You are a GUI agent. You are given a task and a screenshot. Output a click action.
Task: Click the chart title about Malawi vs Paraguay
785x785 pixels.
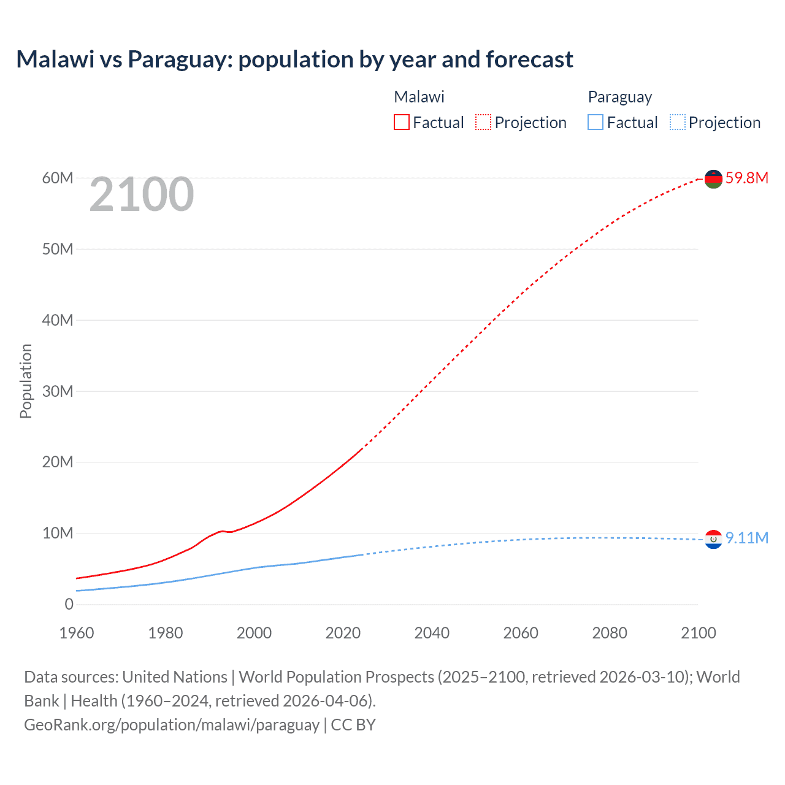[x=294, y=59]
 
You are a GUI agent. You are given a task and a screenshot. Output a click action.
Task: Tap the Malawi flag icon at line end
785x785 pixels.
[x=713, y=178]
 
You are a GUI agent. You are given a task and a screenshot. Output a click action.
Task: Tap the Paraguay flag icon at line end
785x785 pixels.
[x=713, y=539]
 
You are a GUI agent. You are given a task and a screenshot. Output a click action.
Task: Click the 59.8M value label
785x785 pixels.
[x=746, y=178]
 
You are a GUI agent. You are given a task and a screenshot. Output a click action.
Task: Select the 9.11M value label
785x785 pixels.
[x=746, y=538]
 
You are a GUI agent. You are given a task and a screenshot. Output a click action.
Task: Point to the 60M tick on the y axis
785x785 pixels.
[x=58, y=178]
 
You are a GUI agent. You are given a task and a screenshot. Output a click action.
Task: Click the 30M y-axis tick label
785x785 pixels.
[x=58, y=391]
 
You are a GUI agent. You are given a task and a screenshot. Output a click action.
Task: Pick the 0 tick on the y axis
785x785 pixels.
[x=69, y=604]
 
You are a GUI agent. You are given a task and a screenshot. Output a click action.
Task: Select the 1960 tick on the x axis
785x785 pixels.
[x=77, y=633]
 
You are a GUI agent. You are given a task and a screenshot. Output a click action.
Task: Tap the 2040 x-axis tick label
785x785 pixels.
[x=432, y=633]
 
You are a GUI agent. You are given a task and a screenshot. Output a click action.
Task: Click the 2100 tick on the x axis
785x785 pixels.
[x=698, y=633]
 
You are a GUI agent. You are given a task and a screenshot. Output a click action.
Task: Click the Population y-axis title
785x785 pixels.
[x=26, y=381]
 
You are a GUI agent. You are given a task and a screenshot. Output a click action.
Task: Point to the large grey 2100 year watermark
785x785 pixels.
[x=142, y=195]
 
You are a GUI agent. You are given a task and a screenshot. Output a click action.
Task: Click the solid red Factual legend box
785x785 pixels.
[x=402, y=122]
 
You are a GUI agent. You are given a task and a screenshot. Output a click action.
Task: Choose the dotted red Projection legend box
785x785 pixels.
[x=483, y=122]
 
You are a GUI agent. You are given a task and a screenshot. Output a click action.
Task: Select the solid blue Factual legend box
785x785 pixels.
[x=595, y=122]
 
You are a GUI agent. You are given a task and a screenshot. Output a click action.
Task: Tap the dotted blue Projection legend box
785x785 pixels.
[x=678, y=122]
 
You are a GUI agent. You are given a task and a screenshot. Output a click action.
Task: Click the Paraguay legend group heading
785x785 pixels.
[x=619, y=97]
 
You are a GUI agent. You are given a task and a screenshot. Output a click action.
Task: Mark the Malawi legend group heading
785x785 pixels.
[x=419, y=97]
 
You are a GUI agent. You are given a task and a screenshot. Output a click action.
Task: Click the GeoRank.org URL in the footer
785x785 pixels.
[x=172, y=724]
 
